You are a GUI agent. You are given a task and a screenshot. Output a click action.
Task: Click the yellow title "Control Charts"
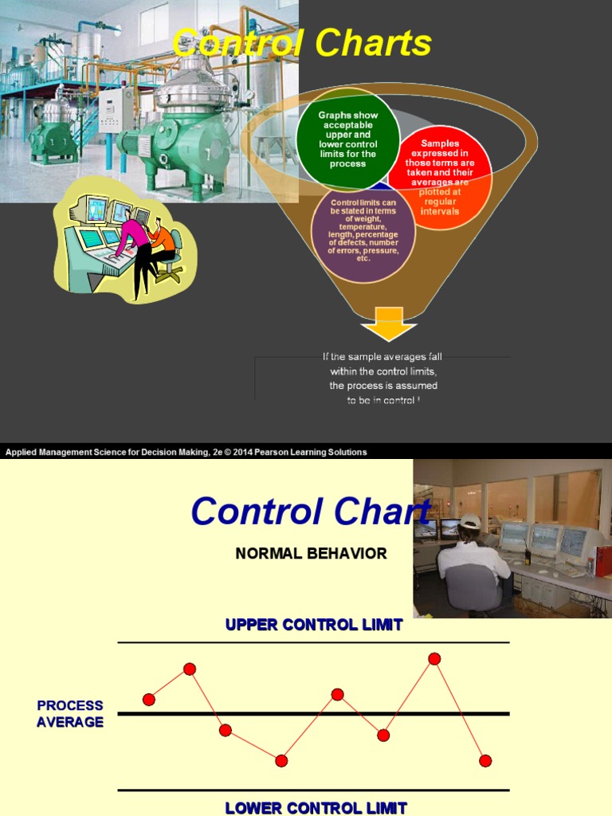click(x=302, y=43)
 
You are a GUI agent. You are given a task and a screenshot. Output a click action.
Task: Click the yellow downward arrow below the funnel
click(x=388, y=328)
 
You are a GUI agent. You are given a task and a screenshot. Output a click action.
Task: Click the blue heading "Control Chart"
click(x=310, y=511)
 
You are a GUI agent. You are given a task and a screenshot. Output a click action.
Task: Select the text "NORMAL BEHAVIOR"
click(x=311, y=553)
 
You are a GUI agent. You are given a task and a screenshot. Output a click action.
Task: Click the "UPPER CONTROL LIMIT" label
click(x=314, y=625)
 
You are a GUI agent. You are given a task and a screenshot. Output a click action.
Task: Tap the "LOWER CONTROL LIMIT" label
click(x=316, y=807)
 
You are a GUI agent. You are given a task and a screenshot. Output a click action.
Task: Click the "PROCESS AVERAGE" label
click(x=70, y=713)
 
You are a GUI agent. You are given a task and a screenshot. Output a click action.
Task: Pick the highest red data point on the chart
click(x=434, y=658)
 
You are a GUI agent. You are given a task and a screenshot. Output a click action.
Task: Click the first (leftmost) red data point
click(x=149, y=699)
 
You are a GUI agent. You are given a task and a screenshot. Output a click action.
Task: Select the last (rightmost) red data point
click(x=485, y=760)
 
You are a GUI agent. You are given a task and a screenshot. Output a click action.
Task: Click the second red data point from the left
click(x=190, y=669)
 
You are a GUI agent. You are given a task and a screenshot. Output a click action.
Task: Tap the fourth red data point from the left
click(x=281, y=760)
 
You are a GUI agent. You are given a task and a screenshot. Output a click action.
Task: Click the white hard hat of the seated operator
click(x=471, y=521)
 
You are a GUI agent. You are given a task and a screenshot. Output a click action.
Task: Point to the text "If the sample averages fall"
click(x=383, y=357)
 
